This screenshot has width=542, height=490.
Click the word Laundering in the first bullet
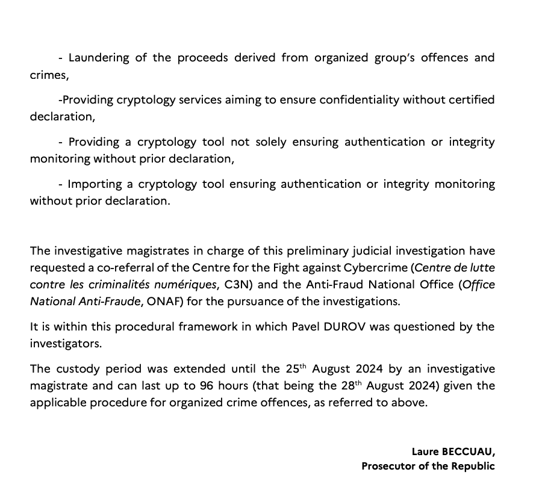96,58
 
